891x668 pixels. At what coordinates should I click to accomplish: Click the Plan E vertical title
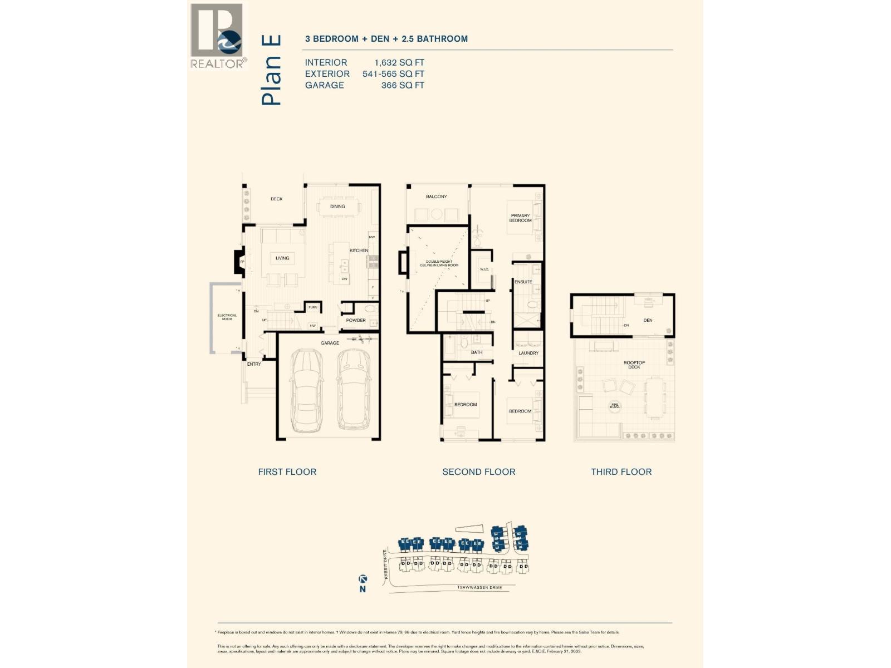tap(271, 70)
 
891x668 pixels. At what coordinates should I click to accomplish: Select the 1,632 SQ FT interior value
tap(399, 62)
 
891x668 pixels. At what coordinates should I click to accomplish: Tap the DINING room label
tap(337, 207)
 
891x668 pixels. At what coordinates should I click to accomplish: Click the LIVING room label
tap(282, 258)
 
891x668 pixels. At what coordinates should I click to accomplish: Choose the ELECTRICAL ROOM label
tap(227, 317)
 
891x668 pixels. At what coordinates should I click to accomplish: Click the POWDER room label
tap(356, 320)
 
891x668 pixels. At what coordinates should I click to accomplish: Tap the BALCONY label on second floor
tap(436, 197)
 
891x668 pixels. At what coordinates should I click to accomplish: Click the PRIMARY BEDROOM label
tap(520, 218)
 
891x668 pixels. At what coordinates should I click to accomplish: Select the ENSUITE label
tap(523, 282)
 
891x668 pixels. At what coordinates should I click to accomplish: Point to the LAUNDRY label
tap(528, 353)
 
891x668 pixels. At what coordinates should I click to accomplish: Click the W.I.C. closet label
tap(484, 269)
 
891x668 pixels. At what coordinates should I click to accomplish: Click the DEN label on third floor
tap(648, 320)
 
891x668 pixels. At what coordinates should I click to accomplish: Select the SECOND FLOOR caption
tap(478, 471)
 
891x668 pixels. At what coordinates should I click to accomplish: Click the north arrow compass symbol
tap(363, 579)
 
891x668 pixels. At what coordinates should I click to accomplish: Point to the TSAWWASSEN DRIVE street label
tap(479, 588)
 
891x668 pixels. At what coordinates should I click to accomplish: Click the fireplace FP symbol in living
tap(242, 262)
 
